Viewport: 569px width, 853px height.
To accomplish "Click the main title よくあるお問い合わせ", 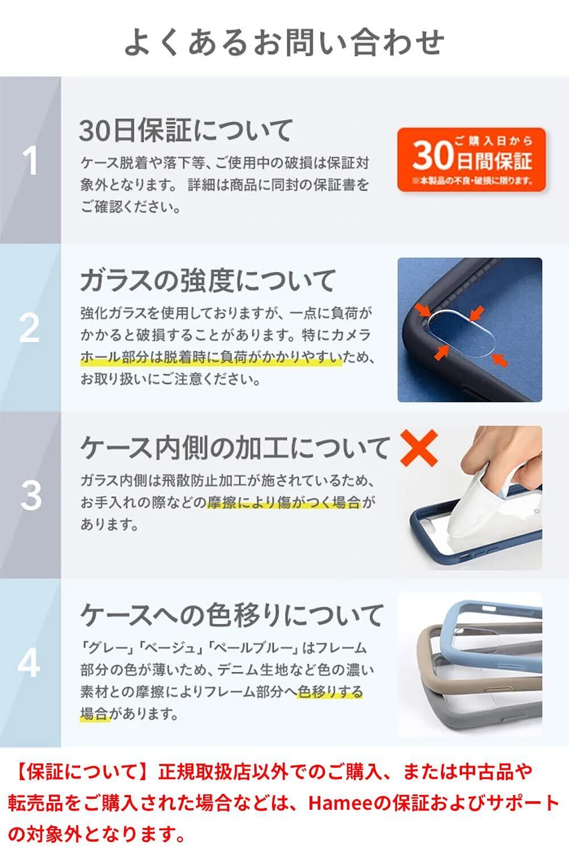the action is point(284,42).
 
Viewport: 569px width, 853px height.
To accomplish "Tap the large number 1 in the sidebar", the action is point(30,161).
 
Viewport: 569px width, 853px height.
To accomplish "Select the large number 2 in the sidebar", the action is point(30,328).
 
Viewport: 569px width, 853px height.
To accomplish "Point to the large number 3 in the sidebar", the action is point(31,495).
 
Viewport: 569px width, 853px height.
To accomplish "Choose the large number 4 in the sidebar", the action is point(30,663).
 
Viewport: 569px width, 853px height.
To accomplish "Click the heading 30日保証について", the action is point(185,131).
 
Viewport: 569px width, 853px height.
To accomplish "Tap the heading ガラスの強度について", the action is point(208,280).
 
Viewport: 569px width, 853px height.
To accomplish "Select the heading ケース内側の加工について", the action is point(234,448).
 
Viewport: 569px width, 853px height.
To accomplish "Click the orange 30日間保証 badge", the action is point(472,160).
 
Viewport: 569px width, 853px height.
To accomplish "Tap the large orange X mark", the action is point(419,448).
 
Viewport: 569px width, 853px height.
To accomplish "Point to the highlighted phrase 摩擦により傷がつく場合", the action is point(284,503).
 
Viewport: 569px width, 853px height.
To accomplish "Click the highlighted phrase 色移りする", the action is point(330,691).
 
